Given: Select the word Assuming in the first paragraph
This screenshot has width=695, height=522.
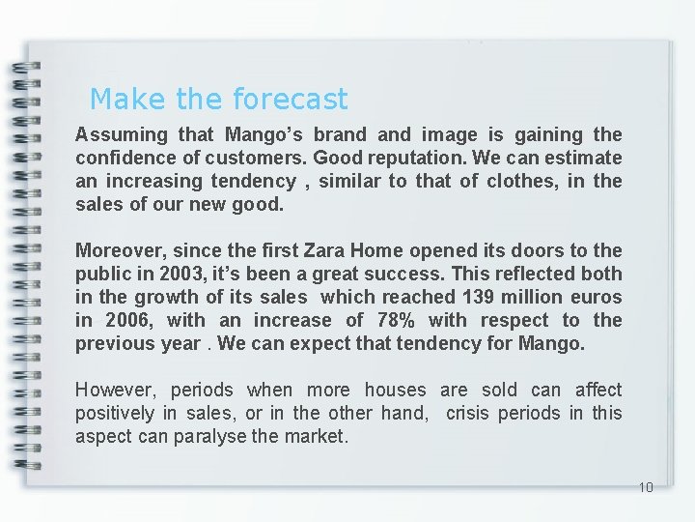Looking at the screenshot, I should (x=121, y=134).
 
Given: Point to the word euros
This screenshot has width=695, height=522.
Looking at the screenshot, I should (x=597, y=297).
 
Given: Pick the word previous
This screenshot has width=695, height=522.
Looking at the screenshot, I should (x=111, y=343).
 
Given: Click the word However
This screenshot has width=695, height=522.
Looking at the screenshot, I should (x=117, y=390).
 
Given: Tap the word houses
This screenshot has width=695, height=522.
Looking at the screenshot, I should (x=395, y=390).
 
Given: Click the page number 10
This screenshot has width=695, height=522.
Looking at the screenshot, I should (x=646, y=486).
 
